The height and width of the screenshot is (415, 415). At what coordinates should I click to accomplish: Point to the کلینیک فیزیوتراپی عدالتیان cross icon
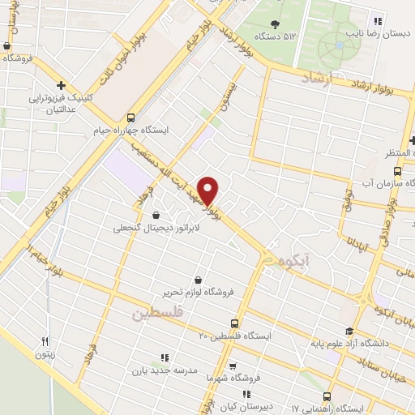point(62,84)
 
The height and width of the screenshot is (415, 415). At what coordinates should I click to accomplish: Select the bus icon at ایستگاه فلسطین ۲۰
point(234,322)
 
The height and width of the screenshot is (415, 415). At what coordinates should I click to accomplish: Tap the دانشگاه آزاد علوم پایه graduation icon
point(349,331)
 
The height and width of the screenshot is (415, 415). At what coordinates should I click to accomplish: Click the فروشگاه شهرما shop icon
point(233,366)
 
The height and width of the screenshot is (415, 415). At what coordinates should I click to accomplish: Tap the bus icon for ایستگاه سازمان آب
point(397,171)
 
